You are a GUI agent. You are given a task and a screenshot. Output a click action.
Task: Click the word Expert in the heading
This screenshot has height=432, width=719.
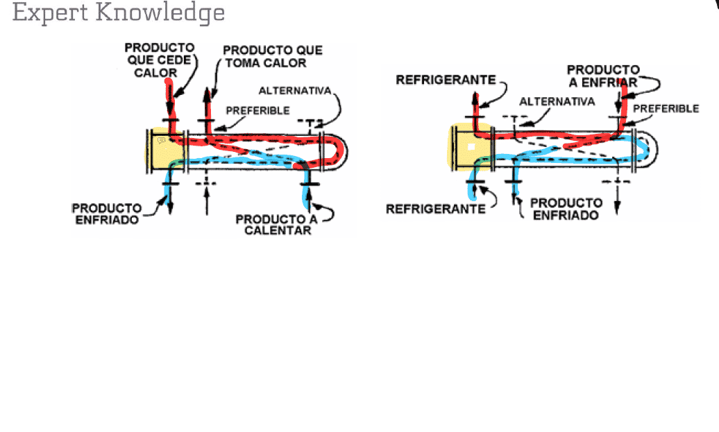click(x=50, y=12)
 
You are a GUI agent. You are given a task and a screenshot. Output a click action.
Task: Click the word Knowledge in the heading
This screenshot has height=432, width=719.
click(x=160, y=12)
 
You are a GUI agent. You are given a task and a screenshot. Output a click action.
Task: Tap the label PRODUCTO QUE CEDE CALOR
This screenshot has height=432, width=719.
click(x=159, y=60)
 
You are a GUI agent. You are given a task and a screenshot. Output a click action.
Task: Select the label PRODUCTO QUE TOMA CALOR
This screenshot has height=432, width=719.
click(x=273, y=56)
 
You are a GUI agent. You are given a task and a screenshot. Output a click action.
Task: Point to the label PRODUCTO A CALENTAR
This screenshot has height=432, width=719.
click(x=277, y=225)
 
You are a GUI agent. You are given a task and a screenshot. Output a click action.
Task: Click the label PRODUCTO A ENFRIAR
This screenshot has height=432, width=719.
click(x=603, y=76)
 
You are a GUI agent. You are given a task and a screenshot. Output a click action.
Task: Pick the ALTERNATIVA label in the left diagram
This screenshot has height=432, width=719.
click(x=295, y=91)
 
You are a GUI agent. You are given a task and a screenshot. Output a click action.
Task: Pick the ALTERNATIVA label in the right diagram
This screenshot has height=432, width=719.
click(x=557, y=101)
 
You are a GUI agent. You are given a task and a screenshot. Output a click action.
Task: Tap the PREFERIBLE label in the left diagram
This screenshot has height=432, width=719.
click(x=257, y=110)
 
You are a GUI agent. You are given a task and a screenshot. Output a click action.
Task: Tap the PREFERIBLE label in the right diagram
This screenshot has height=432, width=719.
click(x=666, y=109)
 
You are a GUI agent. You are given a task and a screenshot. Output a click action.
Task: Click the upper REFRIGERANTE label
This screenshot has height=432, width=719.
click(x=446, y=80)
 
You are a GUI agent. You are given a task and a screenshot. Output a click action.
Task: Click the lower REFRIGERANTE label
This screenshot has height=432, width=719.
click(x=436, y=209)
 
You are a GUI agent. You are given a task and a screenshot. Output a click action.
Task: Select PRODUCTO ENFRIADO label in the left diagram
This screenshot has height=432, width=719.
click(x=107, y=214)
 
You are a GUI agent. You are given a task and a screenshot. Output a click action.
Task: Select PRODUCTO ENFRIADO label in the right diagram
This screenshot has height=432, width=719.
click(x=566, y=209)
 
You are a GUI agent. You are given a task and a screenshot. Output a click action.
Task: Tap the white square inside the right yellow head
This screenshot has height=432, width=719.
click(x=471, y=147)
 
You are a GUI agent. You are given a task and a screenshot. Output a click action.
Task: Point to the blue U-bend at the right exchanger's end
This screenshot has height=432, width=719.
click(x=644, y=146)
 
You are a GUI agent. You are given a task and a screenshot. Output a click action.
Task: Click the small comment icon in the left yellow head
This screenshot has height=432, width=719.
click(x=162, y=141)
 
